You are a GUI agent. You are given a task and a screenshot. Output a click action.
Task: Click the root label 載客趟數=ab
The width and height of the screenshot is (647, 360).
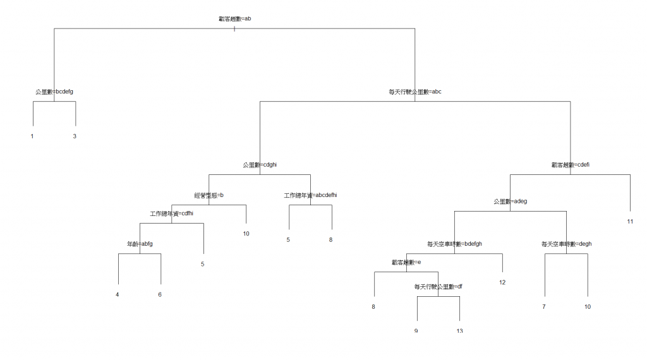pyautogui.click(x=234, y=19)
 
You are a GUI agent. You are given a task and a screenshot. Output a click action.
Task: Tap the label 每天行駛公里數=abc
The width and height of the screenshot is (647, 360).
pyautogui.click(x=414, y=92)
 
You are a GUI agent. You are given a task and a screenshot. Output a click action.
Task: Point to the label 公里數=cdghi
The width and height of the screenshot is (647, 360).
pyautogui.click(x=260, y=165)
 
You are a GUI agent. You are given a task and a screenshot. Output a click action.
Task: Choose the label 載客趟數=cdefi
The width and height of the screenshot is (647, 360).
pyautogui.click(x=570, y=165)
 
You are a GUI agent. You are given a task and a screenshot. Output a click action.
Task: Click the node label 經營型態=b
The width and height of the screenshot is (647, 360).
pyautogui.click(x=209, y=196)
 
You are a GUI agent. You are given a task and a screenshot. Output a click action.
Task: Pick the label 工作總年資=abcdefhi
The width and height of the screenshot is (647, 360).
pyautogui.click(x=310, y=196)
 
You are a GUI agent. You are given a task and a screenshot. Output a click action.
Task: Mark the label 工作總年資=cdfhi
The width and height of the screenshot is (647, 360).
pyautogui.click(x=171, y=213)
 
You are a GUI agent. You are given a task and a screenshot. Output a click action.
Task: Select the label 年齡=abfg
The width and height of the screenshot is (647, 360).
pyautogui.click(x=140, y=244)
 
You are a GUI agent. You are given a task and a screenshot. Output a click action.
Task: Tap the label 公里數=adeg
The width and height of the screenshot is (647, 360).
pyautogui.click(x=510, y=201)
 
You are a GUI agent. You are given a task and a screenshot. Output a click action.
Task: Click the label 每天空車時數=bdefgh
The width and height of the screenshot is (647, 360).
pyautogui.click(x=454, y=244)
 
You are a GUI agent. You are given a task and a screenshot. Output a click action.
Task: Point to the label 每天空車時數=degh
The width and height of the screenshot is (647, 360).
pyautogui.click(x=566, y=244)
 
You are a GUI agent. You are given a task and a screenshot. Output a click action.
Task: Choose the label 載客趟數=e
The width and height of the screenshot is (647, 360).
pyautogui.click(x=406, y=262)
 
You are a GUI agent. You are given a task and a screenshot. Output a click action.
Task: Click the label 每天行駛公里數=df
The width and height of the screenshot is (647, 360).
pyautogui.click(x=438, y=287)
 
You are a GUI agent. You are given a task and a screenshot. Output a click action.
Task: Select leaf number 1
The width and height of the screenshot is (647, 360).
pyautogui.click(x=32, y=136)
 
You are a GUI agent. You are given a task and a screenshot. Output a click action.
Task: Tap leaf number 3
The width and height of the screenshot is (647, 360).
pyautogui.click(x=75, y=136)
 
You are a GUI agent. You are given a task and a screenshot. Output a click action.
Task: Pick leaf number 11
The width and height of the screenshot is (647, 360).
pyautogui.click(x=630, y=222)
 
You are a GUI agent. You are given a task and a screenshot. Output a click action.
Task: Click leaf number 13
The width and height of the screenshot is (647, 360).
pyautogui.click(x=459, y=331)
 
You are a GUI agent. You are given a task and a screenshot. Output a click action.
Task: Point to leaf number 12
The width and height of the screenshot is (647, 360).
pyautogui.click(x=502, y=282)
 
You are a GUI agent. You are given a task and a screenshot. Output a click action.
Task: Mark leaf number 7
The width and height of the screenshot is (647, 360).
pyautogui.click(x=543, y=307)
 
